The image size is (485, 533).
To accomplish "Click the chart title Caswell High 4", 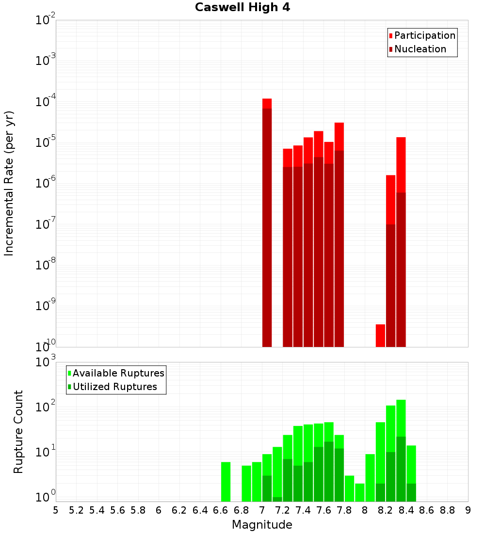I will pos(242,8).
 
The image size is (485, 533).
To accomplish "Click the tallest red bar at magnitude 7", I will pos(267,223).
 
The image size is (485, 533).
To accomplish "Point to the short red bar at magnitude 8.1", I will pos(380,335).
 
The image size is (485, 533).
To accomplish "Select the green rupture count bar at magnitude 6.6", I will pos(226,482).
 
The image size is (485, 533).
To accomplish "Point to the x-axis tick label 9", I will pos(468,510).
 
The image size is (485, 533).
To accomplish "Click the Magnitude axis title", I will pos(262,525).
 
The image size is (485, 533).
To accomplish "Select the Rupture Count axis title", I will pos(18,432).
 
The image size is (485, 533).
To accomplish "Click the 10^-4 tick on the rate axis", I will pos(46,102).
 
